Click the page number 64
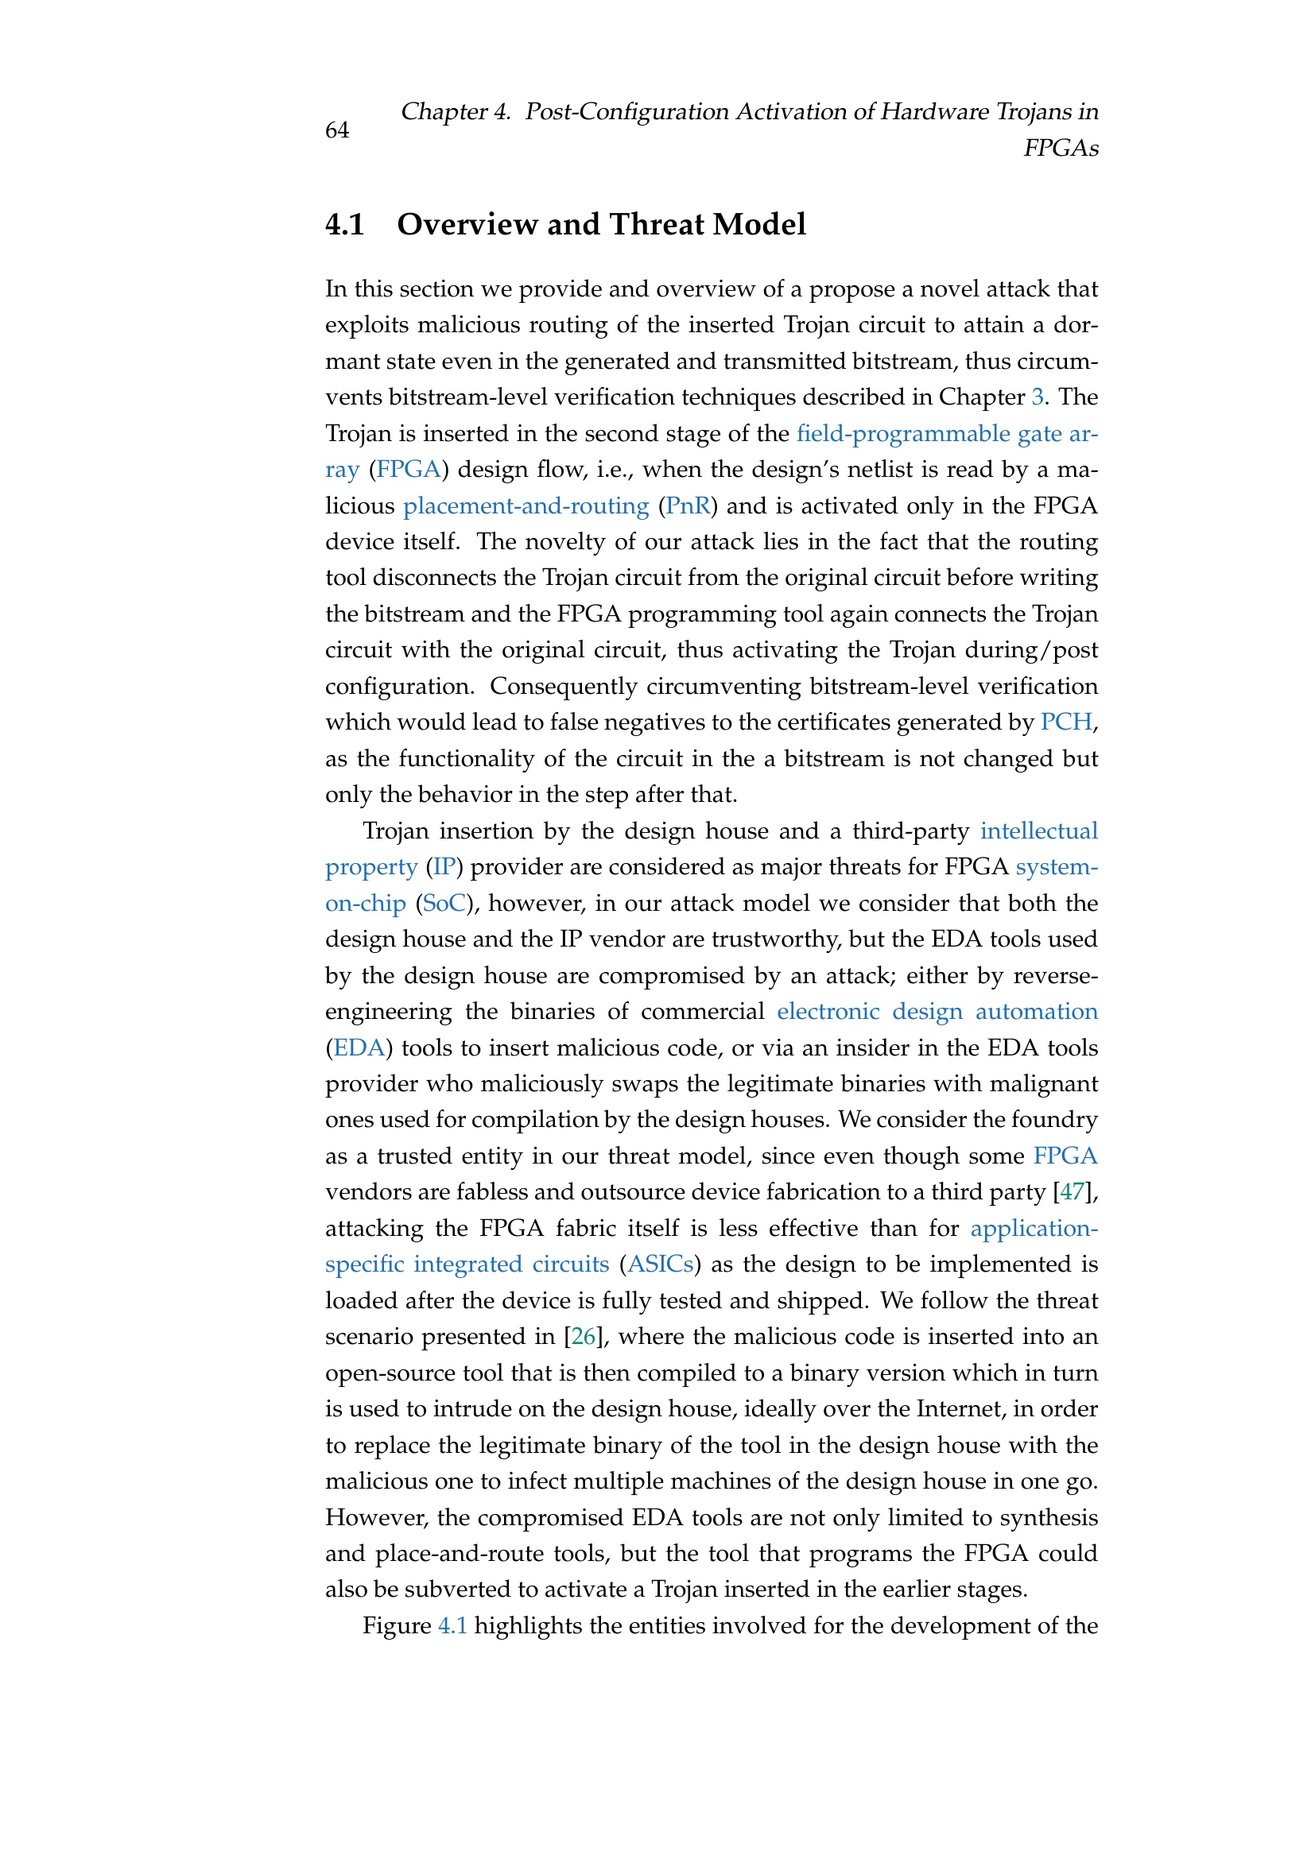coord(337,130)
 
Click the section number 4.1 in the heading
coord(345,224)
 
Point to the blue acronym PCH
coord(1065,722)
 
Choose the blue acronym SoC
coord(442,904)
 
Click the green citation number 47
coord(1071,1193)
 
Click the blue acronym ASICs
coord(660,1265)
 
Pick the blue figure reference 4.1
coord(452,1626)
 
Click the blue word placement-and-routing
coord(526,506)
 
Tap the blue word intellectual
coord(1039,831)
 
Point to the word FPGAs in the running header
coord(1061,148)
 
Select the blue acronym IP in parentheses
coord(443,867)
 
